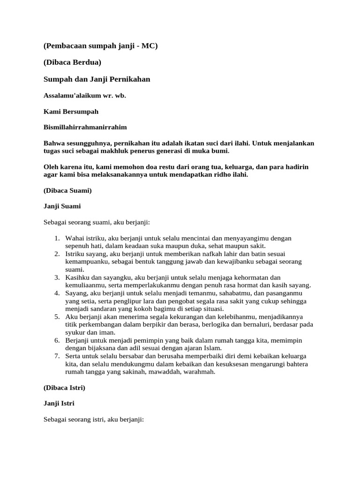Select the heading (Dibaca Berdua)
[73, 63]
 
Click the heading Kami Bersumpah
[71, 112]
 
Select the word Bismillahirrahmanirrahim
[85, 127]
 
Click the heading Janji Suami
[62, 206]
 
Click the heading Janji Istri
[59, 403]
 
